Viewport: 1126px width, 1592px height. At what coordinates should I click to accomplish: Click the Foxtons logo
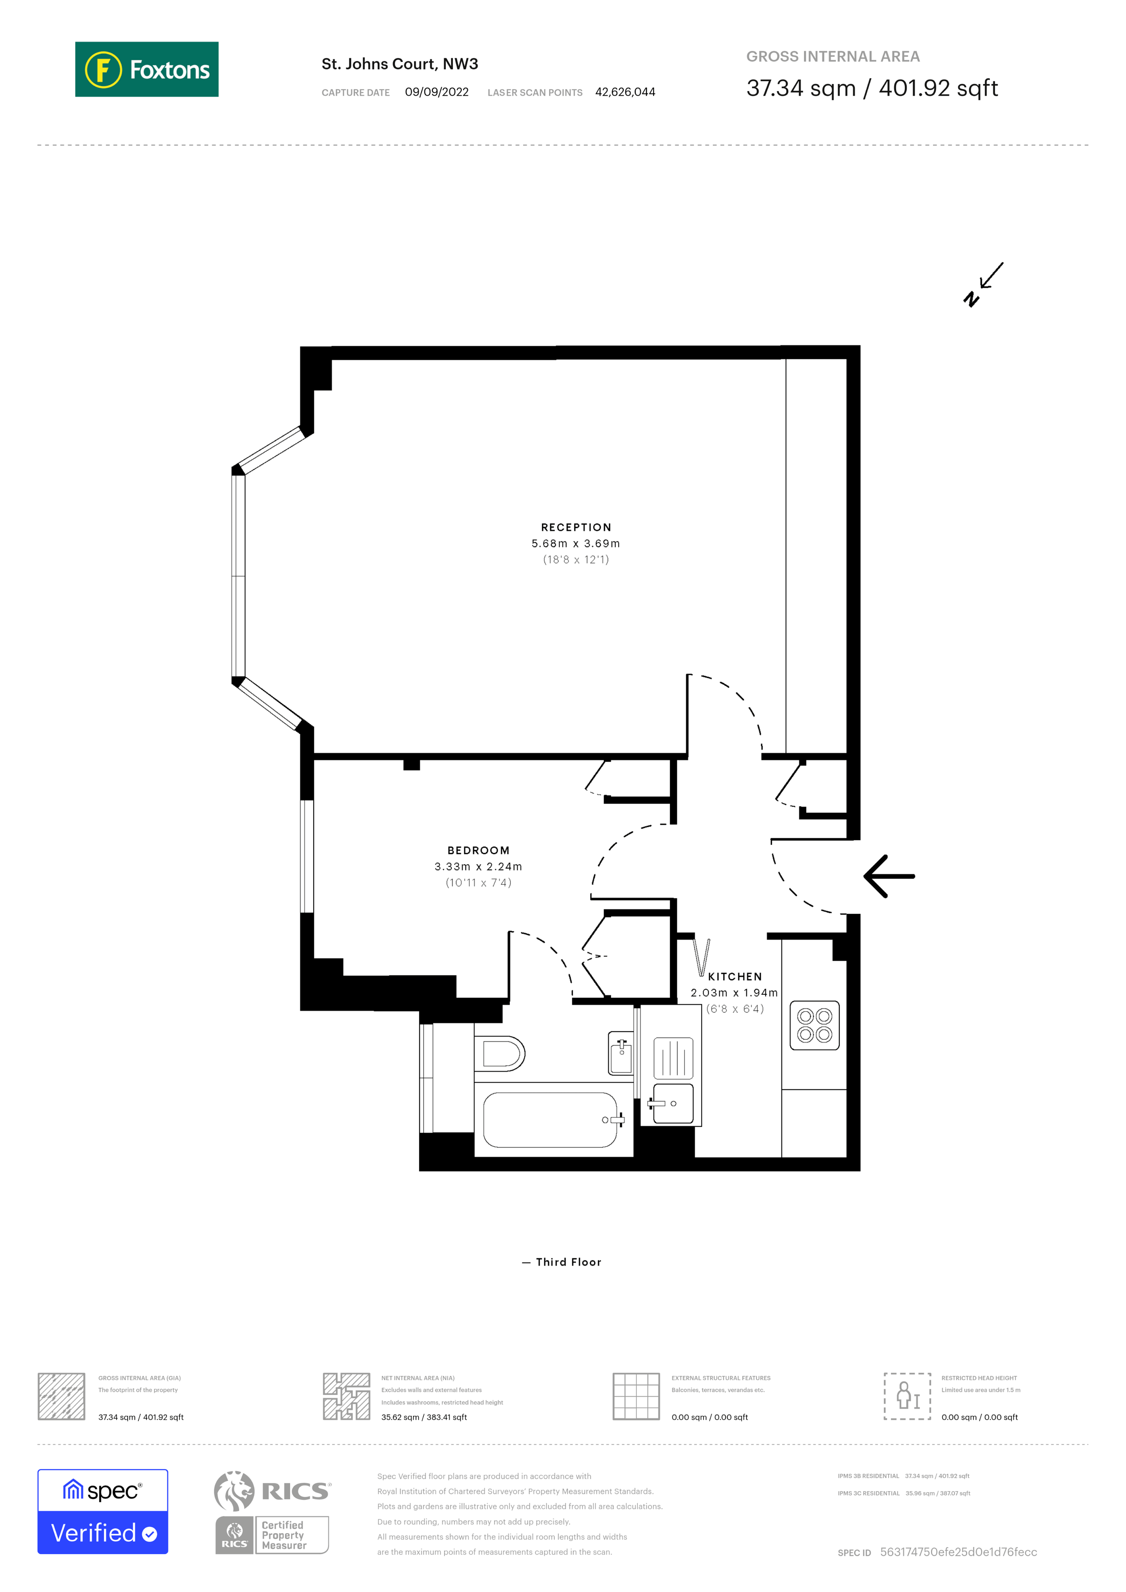146,69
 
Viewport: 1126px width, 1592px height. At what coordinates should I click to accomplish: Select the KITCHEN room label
734,976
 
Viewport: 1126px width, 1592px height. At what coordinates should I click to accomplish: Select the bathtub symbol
550,1120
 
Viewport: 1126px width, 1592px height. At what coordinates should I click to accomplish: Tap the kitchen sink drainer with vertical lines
673,1057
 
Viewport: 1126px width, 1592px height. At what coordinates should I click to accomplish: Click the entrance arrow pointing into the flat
889,877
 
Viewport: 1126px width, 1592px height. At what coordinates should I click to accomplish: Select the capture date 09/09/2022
436,92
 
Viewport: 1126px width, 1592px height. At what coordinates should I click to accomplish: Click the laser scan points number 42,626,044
625,92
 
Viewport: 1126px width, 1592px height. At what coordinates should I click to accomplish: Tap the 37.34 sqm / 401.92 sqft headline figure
872,88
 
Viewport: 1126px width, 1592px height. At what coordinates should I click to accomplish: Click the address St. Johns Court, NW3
399,64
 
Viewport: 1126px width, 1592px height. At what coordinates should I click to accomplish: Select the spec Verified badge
102,1512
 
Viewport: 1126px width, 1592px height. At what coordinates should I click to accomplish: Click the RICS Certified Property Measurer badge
272,1512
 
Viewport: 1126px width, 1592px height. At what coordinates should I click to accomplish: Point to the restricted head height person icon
907,1396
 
